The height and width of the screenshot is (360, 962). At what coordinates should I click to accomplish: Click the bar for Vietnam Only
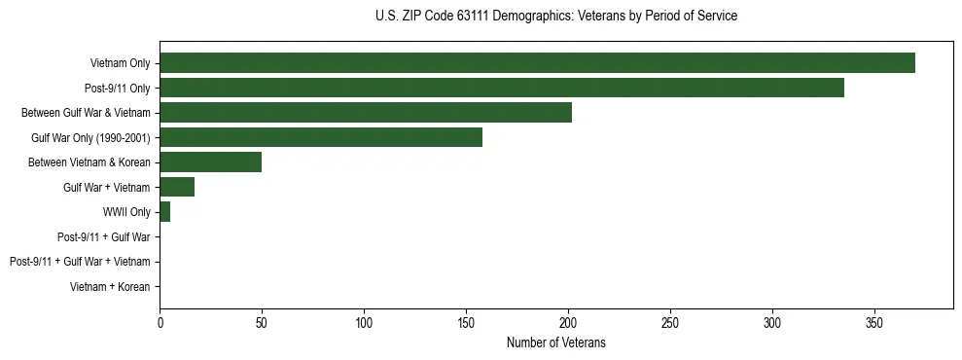pos(537,63)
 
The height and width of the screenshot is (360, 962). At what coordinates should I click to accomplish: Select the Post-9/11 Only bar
pos(502,88)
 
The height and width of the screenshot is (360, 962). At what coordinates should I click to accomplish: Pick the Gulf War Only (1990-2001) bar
pos(321,137)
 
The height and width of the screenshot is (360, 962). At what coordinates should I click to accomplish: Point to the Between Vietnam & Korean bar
pos(210,162)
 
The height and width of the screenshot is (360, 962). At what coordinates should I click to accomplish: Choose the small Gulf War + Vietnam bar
pos(177,187)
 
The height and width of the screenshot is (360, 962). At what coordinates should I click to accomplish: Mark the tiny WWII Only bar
pos(165,212)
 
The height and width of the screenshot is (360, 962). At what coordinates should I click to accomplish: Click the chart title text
pos(555,17)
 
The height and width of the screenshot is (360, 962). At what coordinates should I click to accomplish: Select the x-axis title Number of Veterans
pos(555,342)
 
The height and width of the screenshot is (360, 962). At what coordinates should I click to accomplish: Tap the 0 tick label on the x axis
pos(160,322)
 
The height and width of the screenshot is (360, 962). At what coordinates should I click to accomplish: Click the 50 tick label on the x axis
pos(262,322)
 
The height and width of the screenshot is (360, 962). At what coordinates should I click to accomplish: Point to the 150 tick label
pos(466,322)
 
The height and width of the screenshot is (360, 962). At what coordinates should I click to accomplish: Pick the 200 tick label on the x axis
pos(568,322)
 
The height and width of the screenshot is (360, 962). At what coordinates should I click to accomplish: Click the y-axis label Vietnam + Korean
pos(110,287)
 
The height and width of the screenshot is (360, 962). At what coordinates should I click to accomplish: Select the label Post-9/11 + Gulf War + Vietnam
pos(80,262)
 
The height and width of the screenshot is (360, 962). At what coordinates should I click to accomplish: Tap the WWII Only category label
pos(126,212)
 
